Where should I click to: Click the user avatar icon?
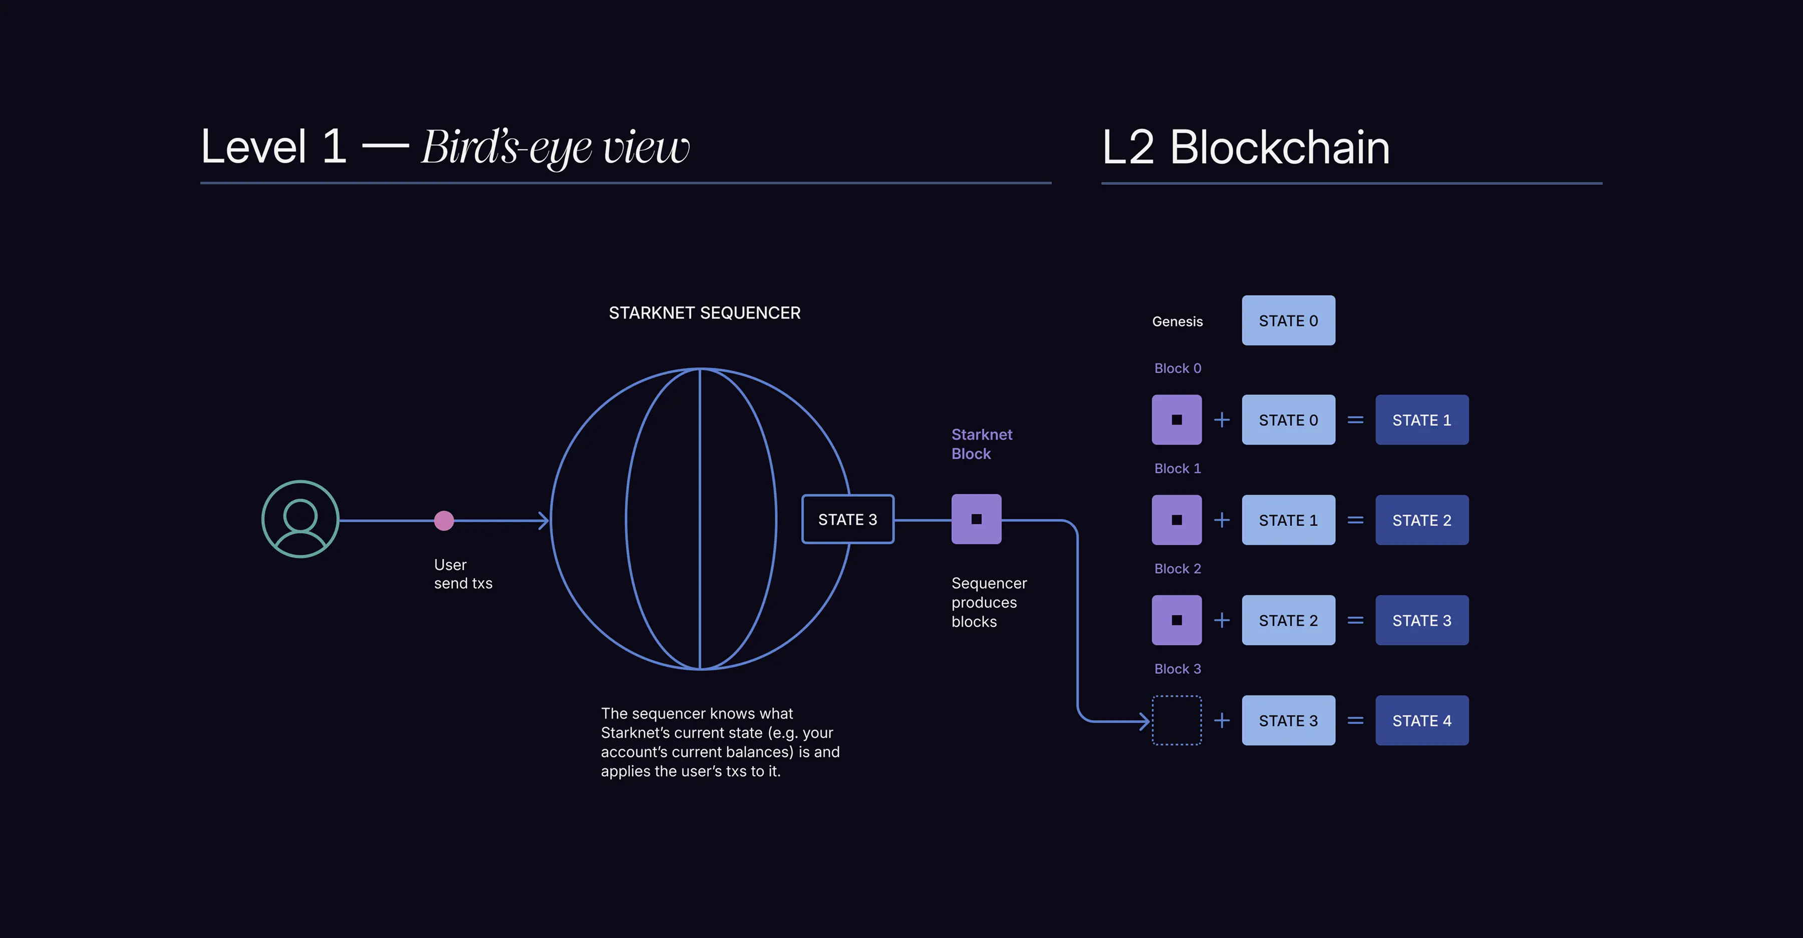click(300, 519)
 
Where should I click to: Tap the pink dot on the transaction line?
click(444, 520)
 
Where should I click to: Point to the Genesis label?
click(1177, 321)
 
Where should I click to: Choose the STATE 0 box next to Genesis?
click(1288, 321)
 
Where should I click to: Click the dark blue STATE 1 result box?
click(1421, 420)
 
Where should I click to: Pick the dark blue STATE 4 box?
click(1421, 721)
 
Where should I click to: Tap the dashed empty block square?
click(1176, 721)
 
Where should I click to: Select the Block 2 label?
click(1177, 568)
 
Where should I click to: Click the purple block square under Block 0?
click(1176, 420)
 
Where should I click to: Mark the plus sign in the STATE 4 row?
click(1222, 721)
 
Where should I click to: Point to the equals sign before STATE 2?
click(1355, 520)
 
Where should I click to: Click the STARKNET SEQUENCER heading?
click(704, 313)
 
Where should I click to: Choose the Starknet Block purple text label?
click(981, 444)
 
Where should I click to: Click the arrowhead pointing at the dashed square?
click(1144, 721)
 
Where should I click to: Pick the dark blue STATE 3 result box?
click(1421, 620)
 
